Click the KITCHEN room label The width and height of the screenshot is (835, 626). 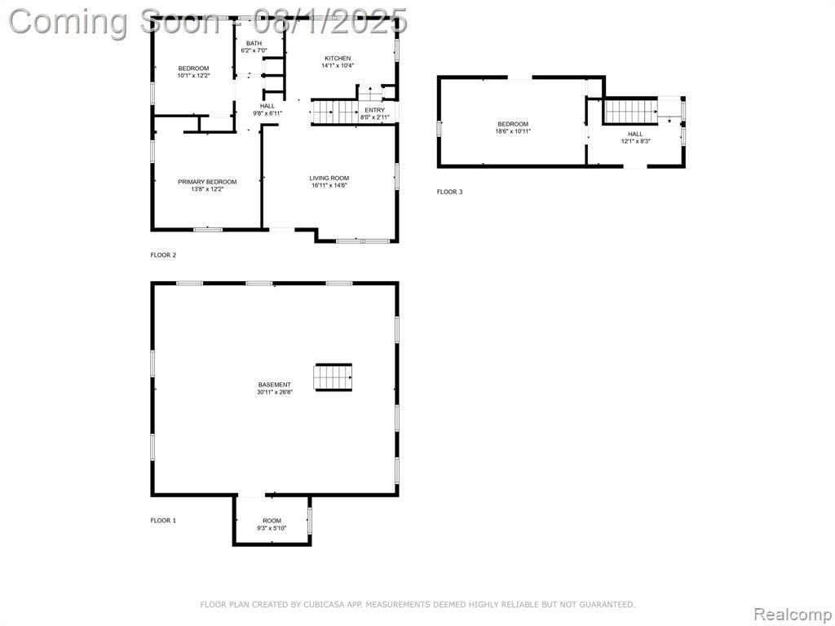tap(338, 59)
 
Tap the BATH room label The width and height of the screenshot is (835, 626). tap(254, 44)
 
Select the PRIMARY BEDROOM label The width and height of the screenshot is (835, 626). tap(207, 182)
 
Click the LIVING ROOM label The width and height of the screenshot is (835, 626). tap(329, 179)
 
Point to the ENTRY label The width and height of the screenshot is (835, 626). tap(374, 110)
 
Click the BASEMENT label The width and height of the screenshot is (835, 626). tap(275, 385)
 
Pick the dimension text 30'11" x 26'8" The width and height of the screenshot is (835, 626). tap(275, 392)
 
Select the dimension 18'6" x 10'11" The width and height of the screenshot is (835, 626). tap(513, 131)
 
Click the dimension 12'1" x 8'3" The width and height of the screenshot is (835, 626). tap(635, 142)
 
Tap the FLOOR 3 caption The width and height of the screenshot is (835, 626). tap(449, 192)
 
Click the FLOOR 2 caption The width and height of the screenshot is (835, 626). tap(163, 255)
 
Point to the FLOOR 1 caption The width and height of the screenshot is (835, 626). tap(163, 521)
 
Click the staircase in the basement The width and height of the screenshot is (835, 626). tap(334, 377)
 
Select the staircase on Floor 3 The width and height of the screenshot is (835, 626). tap(630, 111)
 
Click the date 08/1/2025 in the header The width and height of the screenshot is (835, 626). tap(329, 21)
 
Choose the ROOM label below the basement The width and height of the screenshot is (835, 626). tap(272, 521)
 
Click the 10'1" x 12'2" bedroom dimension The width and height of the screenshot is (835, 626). tap(193, 76)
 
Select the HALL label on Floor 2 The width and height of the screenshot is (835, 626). tap(267, 106)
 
